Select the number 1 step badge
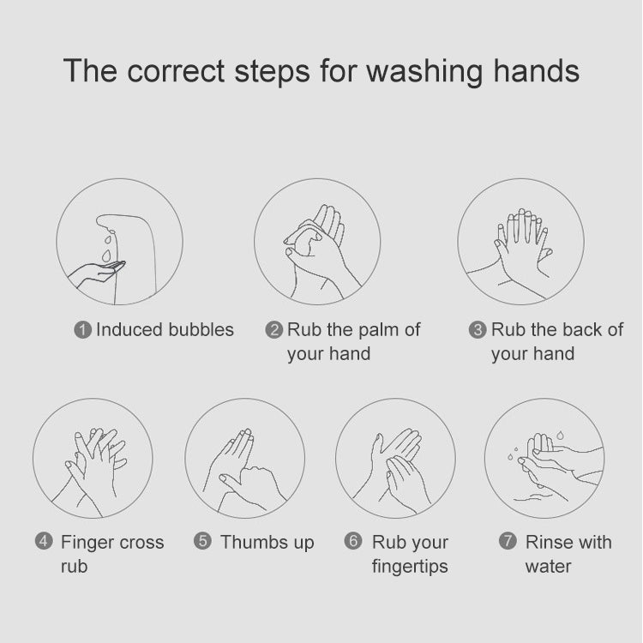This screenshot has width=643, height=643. (x=83, y=330)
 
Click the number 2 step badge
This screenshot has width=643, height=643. (x=274, y=330)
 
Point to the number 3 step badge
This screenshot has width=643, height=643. (x=478, y=330)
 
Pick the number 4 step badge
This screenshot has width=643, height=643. (x=44, y=542)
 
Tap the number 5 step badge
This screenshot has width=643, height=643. (x=202, y=542)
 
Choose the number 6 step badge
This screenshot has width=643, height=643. (x=352, y=542)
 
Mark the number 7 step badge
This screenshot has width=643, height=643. (x=508, y=542)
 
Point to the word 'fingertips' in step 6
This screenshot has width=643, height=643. (x=409, y=566)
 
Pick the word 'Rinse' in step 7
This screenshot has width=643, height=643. (x=548, y=542)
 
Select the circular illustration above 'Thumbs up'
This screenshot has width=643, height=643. (x=244, y=459)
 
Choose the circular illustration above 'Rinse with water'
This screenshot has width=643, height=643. (x=544, y=459)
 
